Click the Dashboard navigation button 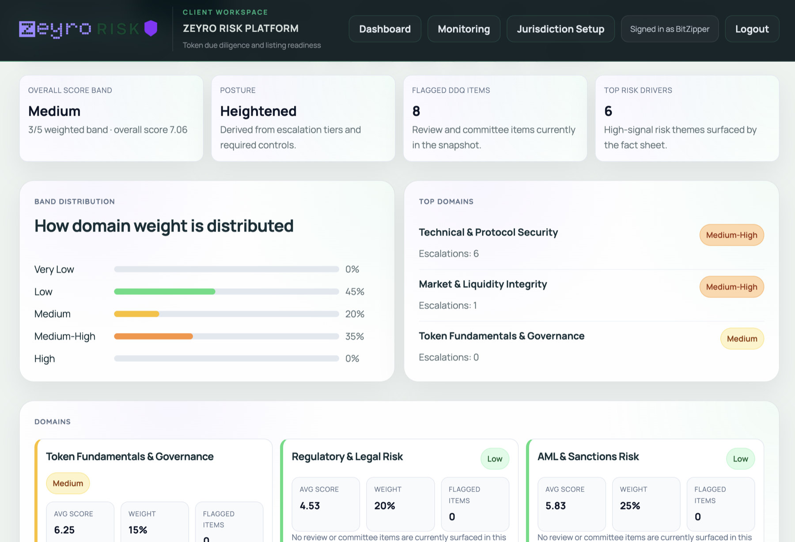coord(385,29)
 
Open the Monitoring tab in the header coord(464,29)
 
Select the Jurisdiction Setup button coord(560,29)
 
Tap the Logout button coord(752,29)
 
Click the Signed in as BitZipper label coord(670,29)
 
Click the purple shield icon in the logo coord(151,28)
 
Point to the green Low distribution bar coord(164,292)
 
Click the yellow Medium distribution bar coord(136,314)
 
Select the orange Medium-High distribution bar coord(153,337)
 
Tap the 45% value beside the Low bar coord(355,292)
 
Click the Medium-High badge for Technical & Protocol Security coord(731,235)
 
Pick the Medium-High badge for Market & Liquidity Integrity coord(731,287)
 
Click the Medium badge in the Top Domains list coord(742,339)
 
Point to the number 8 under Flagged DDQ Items coord(416,111)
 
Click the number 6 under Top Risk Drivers coord(608,111)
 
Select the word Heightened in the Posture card coord(258,111)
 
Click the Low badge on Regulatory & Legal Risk coord(495,459)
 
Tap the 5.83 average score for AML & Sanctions coord(556,506)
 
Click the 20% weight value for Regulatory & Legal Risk coord(385,506)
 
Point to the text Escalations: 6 coord(449,254)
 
